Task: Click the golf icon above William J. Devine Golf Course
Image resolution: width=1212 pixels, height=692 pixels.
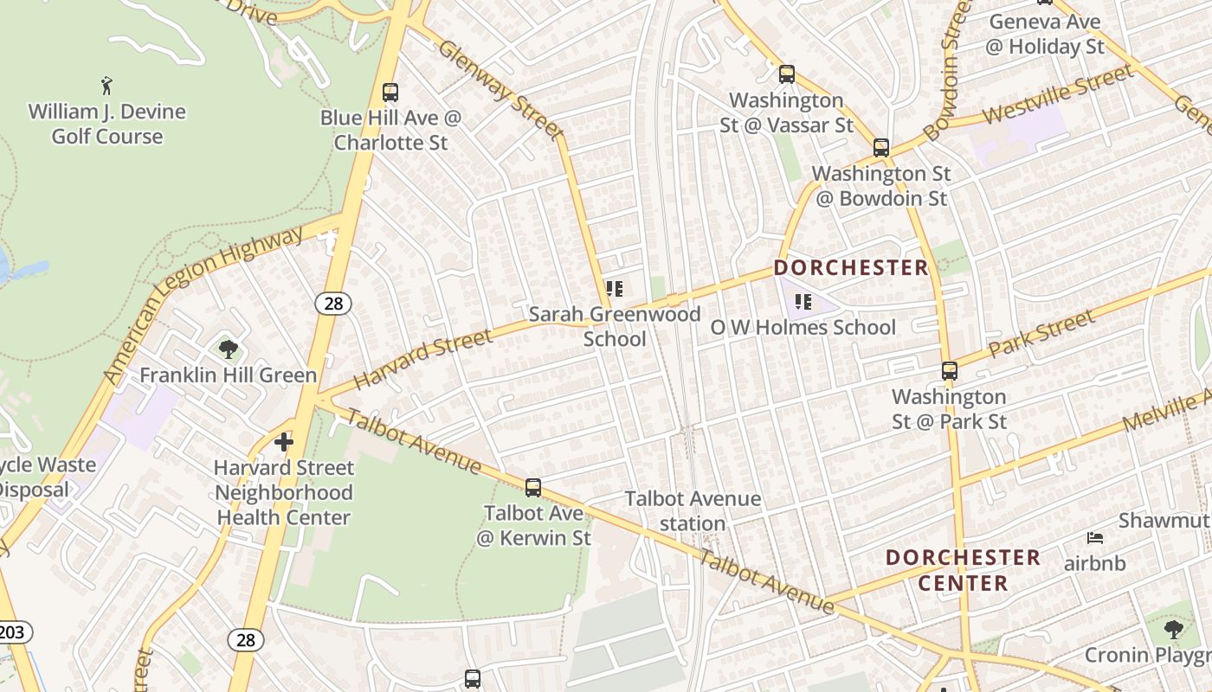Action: [x=106, y=86]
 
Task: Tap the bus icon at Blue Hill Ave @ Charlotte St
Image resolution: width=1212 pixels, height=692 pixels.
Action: [x=390, y=92]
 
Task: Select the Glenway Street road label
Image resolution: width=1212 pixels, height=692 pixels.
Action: [x=501, y=89]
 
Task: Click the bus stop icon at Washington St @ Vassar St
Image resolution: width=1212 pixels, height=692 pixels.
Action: [x=786, y=74]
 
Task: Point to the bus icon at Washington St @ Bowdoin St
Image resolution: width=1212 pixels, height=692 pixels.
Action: [x=881, y=148]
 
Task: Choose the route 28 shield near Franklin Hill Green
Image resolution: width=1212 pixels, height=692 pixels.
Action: [x=332, y=303]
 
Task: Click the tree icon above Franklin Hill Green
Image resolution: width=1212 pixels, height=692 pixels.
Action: [x=229, y=349]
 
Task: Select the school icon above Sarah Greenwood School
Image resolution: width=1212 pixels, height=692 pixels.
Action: [x=615, y=289]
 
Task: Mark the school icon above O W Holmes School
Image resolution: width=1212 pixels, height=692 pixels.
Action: [x=803, y=302]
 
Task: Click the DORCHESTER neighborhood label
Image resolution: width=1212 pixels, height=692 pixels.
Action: [x=851, y=267]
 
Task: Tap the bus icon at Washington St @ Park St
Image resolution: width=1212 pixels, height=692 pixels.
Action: [x=950, y=371]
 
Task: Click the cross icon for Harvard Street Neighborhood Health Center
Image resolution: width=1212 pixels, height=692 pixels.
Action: [x=284, y=442]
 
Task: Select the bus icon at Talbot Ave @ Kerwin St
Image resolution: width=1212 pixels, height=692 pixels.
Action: [x=533, y=487]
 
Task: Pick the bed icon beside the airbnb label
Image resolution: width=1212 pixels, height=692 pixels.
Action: [x=1095, y=538]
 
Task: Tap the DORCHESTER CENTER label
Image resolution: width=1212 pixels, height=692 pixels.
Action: [x=963, y=570]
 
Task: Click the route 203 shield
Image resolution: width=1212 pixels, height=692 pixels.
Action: [x=12, y=632]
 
